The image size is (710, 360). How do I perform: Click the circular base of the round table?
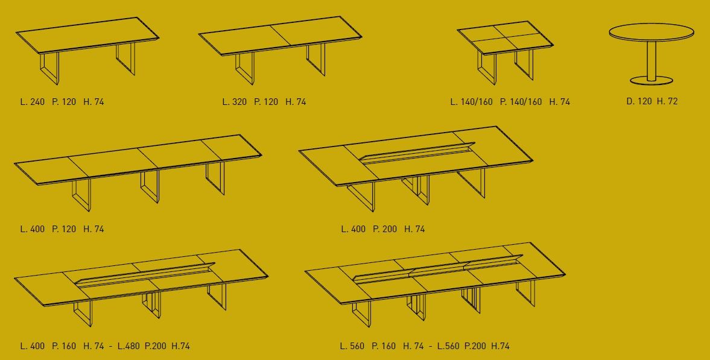651,81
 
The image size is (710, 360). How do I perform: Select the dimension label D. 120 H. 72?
652,101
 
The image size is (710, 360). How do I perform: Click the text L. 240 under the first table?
33,102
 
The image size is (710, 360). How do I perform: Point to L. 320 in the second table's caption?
235,102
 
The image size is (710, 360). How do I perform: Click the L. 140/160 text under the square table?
471,102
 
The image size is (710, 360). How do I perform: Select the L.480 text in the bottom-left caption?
128,346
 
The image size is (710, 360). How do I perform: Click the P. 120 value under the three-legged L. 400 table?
65,229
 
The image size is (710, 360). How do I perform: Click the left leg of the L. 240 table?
49,68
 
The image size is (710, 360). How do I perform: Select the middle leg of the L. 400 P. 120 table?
150,186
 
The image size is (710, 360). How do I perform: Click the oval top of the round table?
651,32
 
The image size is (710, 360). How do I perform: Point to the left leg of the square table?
487,68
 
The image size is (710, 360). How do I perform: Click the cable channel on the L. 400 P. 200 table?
417,153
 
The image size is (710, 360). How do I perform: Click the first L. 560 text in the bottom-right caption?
352,346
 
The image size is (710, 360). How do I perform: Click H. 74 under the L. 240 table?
94,102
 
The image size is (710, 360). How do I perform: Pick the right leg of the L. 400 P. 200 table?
471,183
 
